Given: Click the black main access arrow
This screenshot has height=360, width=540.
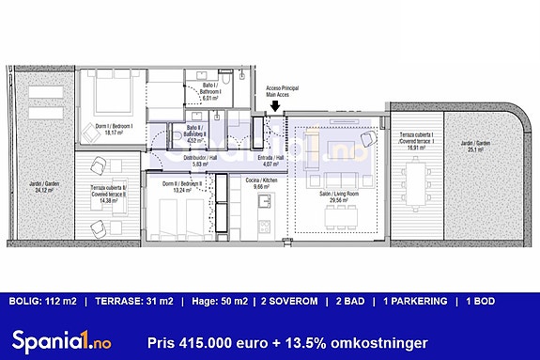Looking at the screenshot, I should tap(273, 107).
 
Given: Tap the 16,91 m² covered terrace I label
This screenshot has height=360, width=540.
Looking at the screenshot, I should tap(413, 143).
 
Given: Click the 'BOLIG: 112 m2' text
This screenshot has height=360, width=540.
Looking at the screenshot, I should tap(43, 302).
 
